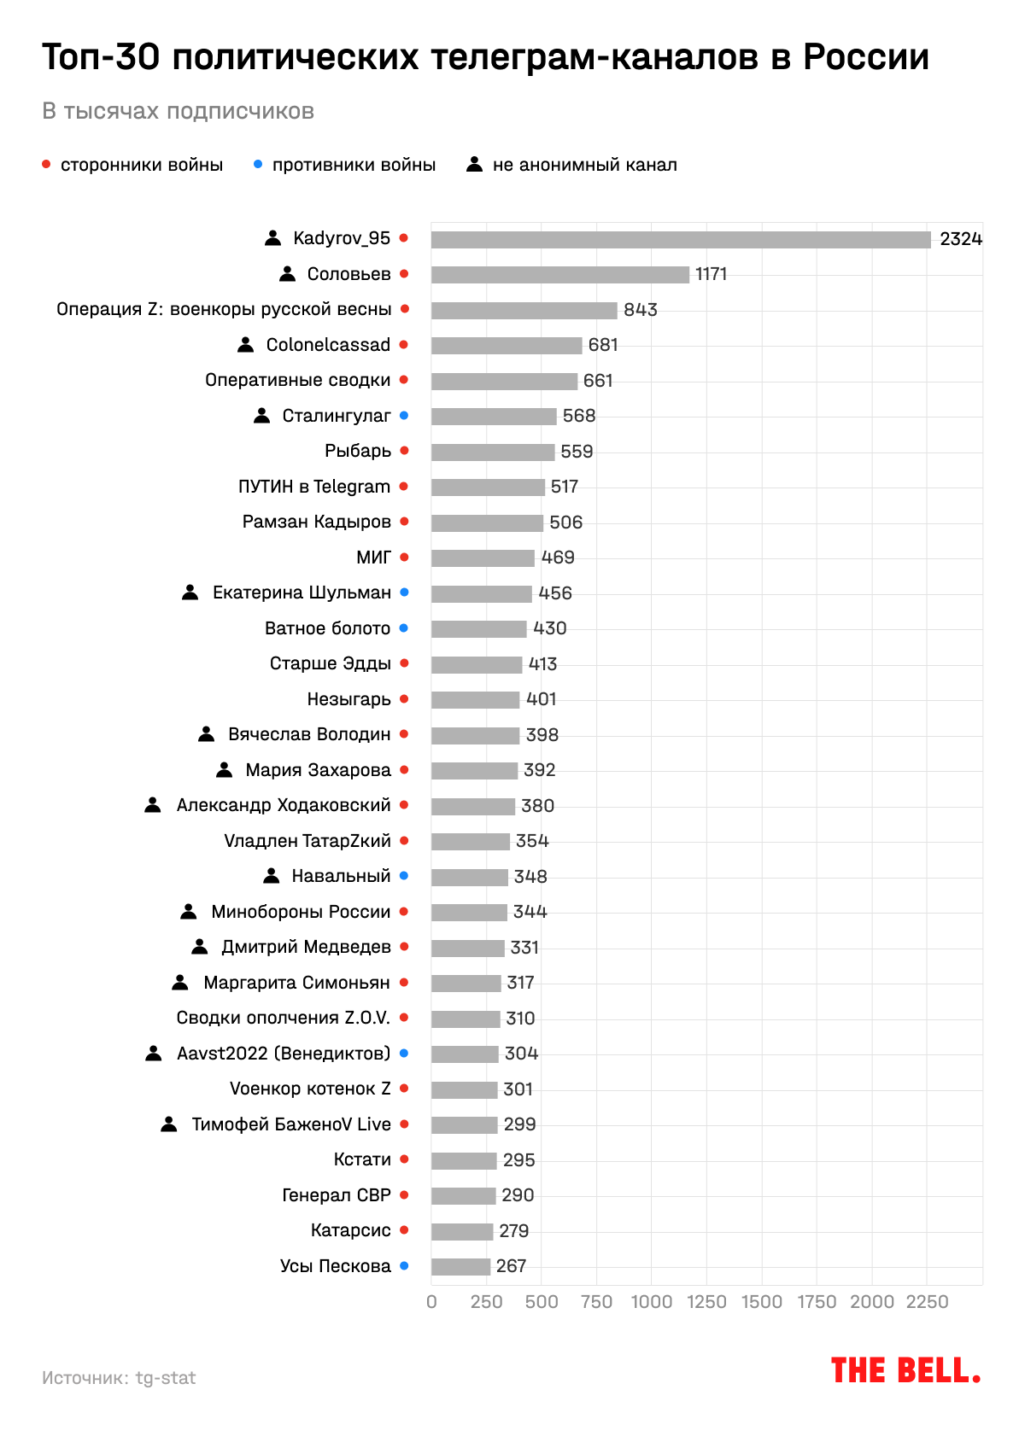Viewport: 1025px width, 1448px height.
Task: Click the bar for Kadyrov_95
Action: coord(681,240)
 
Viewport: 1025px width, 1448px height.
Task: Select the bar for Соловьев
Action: coord(559,275)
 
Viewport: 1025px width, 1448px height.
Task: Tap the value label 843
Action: coord(641,310)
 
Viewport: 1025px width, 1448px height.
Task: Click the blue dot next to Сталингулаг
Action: coord(404,416)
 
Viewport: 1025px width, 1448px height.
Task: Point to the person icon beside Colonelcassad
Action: coord(245,345)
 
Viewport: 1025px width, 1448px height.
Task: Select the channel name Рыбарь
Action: coord(358,451)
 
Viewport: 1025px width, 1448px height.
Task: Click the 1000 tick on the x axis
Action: coord(652,1302)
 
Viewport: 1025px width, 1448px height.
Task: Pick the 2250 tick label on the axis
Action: coord(927,1302)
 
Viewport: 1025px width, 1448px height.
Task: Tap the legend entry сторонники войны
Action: coord(142,165)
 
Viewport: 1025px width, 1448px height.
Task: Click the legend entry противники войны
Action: coord(354,165)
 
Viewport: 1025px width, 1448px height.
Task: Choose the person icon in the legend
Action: coord(475,165)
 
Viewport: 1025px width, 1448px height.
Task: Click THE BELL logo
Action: coord(905,1371)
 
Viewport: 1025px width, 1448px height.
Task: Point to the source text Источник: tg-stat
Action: coord(119,1378)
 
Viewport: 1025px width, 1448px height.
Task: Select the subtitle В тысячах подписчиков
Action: coord(178,111)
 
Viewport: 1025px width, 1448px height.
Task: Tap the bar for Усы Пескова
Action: coord(460,1267)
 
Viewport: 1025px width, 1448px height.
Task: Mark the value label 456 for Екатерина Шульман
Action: coord(555,593)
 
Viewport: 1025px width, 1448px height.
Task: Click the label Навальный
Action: coord(341,876)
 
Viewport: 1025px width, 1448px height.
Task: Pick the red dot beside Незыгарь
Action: coord(404,699)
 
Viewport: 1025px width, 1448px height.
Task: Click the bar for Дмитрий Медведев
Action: coord(467,948)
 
